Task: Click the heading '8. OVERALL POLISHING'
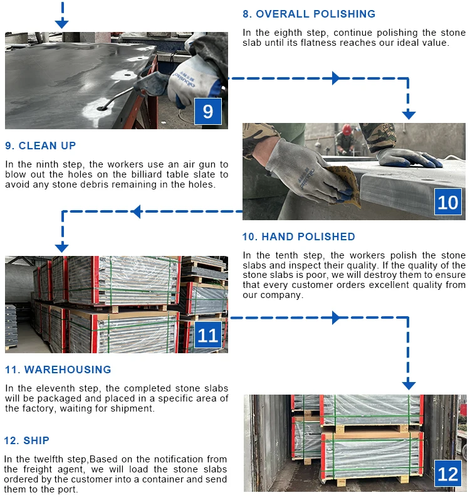309,14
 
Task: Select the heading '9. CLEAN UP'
41,146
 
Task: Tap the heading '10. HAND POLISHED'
299,237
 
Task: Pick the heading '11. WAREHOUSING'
58,370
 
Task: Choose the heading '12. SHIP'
27,440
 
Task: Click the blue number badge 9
208,111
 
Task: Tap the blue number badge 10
447,202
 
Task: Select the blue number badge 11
208,335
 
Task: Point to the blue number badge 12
447,474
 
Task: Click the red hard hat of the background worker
347,129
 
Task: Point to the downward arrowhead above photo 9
62,24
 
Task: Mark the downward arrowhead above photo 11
62,247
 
